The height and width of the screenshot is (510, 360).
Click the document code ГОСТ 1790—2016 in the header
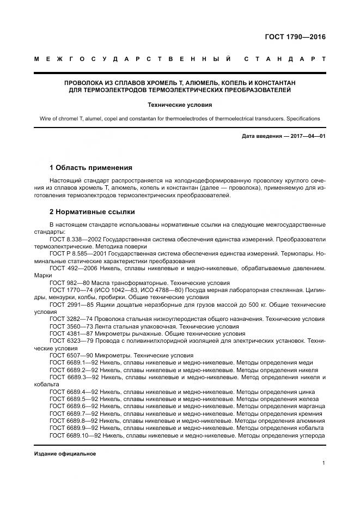pyautogui.click(x=295, y=38)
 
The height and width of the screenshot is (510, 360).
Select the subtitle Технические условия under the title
pyautogui.click(x=180, y=104)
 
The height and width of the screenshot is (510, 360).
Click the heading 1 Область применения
pyautogui.click(x=90, y=167)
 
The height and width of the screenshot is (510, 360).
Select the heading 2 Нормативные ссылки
pyautogui.click(x=91, y=211)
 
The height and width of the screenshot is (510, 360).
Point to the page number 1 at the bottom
pyautogui.click(x=324, y=463)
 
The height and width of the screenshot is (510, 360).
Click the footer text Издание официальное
pyautogui.click(x=65, y=454)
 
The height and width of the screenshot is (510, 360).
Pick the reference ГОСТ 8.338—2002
pyautogui.click(x=74, y=239)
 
